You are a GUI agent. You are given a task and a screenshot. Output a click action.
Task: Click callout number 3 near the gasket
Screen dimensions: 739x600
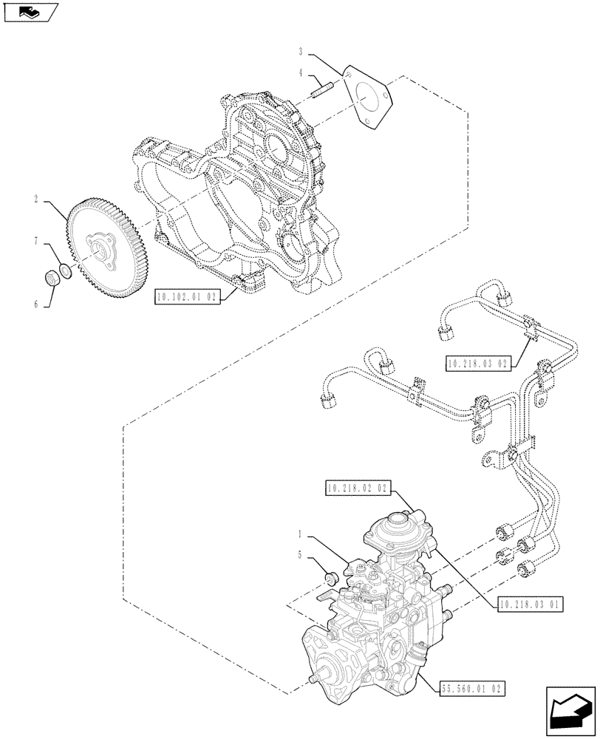[301, 51]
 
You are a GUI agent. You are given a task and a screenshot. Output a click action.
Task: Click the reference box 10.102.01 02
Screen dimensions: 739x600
[188, 297]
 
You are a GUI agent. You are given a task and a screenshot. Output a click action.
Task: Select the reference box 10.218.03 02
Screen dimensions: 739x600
[478, 363]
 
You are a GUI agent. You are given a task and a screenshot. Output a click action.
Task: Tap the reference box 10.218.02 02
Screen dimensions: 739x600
[356, 488]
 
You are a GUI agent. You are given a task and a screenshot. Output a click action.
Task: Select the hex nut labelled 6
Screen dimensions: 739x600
[52, 279]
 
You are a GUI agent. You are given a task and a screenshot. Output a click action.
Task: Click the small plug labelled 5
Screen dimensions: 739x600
[331, 576]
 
